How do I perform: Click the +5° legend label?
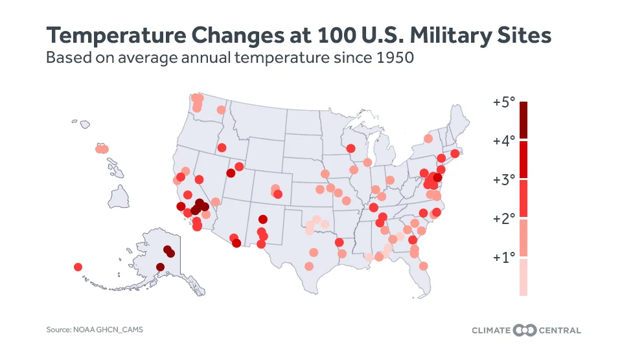click(x=503, y=102)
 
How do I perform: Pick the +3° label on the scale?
click(x=503, y=179)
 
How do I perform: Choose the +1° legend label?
click(x=503, y=257)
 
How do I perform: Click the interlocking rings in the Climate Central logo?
click(x=525, y=330)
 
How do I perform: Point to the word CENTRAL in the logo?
click(x=558, y=330)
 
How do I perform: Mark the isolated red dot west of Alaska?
click(x=78, y=267)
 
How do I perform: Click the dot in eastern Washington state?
click(x=222, y=109)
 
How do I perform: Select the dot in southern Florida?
click(x=423, y=265)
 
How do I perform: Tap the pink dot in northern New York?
click(x=428, y=139)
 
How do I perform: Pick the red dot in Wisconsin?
click(x=351, y=148)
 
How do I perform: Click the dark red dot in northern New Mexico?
click(x=262, y=219)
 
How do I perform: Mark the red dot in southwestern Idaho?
click(x=222, y=147)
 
